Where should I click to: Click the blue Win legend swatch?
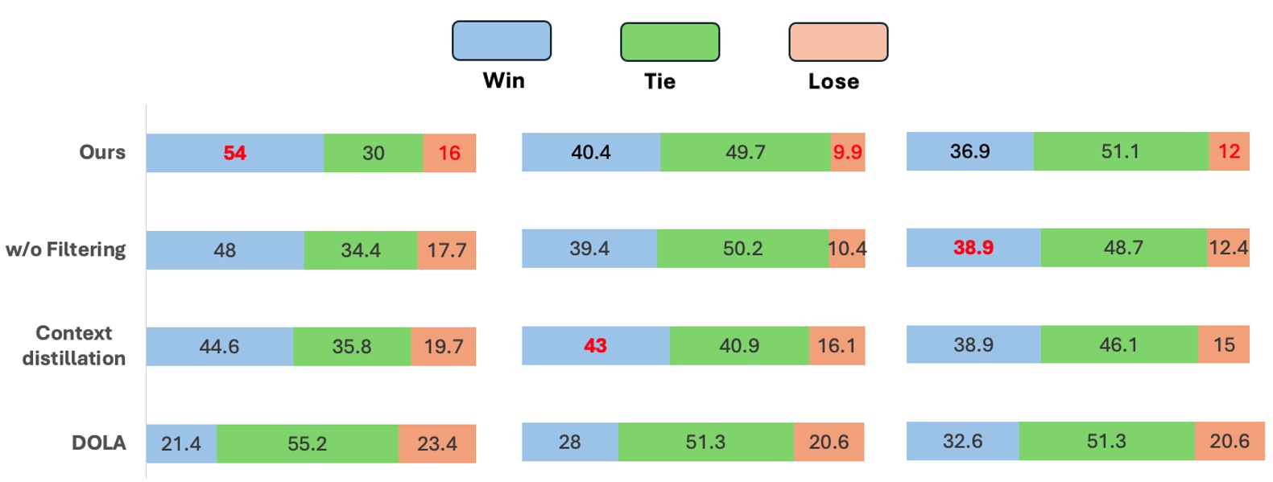pos(501,41)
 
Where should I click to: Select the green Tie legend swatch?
pos(669,43)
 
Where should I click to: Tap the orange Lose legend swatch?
pos(837,43)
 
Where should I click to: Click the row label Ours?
pos(102,152)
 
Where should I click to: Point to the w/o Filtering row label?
pos(65,249)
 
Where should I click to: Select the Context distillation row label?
pos(73,345)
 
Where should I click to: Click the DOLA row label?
pos(98,443)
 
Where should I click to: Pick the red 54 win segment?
pos(234,153)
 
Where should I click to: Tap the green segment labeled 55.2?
pos(307,443)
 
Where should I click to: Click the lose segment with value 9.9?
pos(847,152)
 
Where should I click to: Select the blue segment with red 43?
pos(595,345)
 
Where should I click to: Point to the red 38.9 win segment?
pos(973,248)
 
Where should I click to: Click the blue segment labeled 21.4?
pos(181,443)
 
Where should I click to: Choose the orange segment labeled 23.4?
pos(436,443)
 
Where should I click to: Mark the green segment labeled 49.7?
pos(745,152)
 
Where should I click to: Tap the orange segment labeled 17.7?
pos(446,250)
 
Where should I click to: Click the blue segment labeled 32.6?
pos(962,441)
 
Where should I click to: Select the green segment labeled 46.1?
pos(1118,344)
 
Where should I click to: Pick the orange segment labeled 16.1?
pos(836,345)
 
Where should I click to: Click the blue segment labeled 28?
pos(569,442)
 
